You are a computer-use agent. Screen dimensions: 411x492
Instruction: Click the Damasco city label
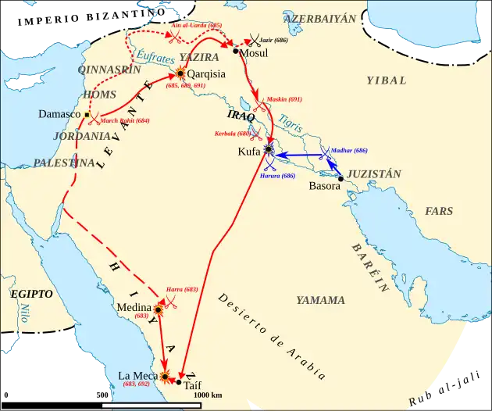coord(59,114)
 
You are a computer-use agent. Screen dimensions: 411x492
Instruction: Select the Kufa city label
coord(249,152)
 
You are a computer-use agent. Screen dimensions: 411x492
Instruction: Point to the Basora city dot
coord(340,178)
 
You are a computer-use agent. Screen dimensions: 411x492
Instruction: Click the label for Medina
coord(134,308)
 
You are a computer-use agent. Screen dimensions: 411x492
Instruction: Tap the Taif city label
coord(193,384)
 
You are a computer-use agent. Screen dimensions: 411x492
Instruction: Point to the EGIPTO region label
coord(31,294)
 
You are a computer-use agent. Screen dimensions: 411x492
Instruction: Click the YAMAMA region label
coord(320,300)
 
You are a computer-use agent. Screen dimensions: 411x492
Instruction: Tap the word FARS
coord(439,211)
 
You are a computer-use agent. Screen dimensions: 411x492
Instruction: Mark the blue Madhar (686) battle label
coord(348,149)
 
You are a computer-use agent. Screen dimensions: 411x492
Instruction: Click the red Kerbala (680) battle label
coord(234,134)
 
